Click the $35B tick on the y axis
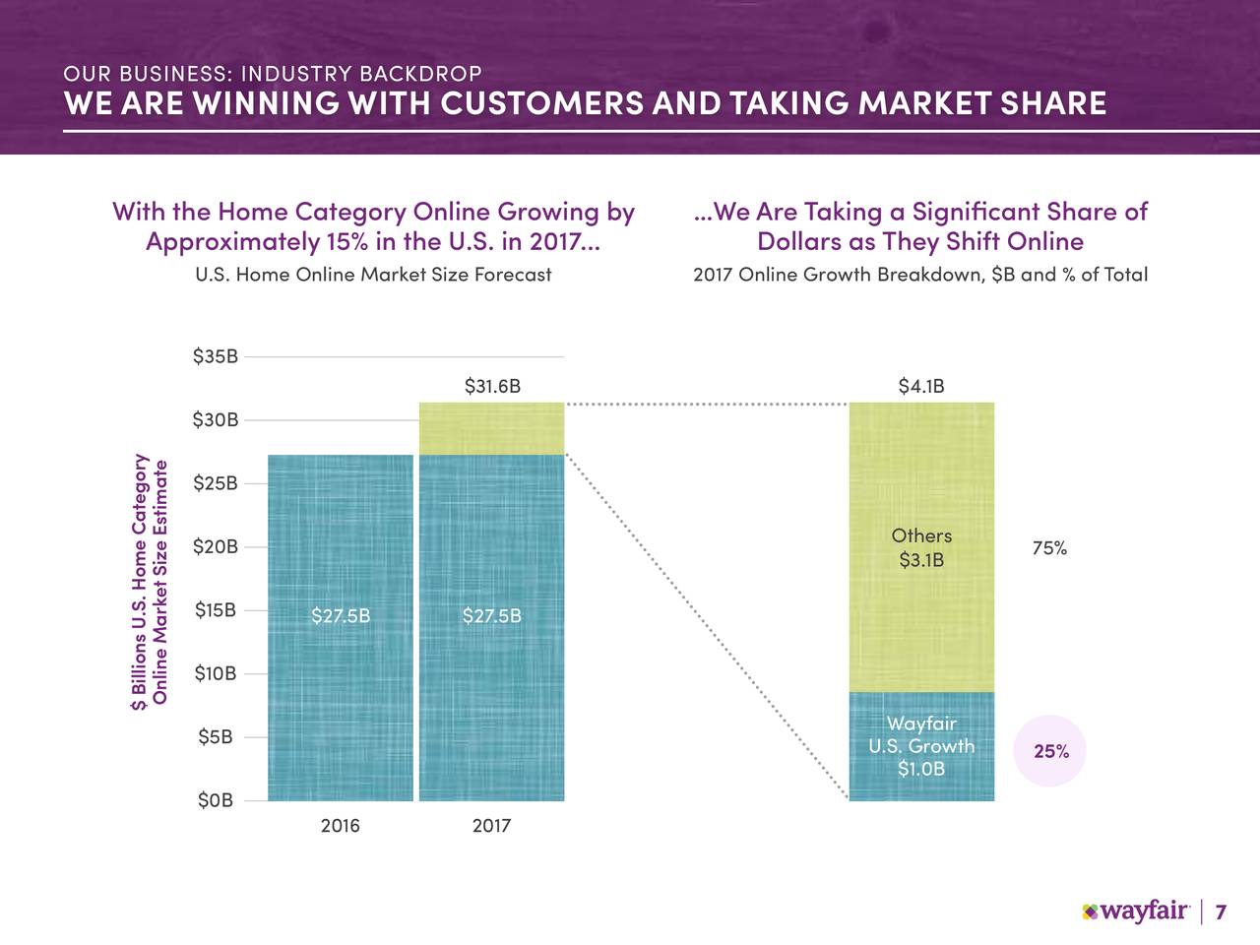pyautogui.click(x=216, y=356)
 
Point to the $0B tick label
pyautogui.click(x=216, y=801)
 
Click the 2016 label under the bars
pyautogui.click(x=340, y=826)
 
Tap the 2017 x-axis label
pyautogui.click(x=491, y=826)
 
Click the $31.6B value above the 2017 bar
pyautogui.click(x=492, y=387)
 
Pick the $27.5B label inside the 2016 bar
pyautogui.click(x=341, y=616)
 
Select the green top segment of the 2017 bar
pyautogui.click(x=491, y=428)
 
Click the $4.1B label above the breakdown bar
pyautogui.click(x=921, y=387)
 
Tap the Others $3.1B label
pyautogui.click(x=921, y=548)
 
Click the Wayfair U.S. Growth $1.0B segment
pyautogui.click(x=921, y=747)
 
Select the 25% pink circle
pyautogui.click(x=1049, y=751)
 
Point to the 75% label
pyautogui.click(x=1049, y=548)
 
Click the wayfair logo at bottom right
pyautogui.click(x=1136, y=912)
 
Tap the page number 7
pyautogui.click(x=1221, y=913)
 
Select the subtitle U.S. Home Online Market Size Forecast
pyautogui.click(x=373, y=275)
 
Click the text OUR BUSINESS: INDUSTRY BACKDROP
pyautogui.click(x=273, y=74)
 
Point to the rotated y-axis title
pyautogui.click(x=152, y=581)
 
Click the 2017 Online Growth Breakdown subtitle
pyautogui.click(x=920, y=275)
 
